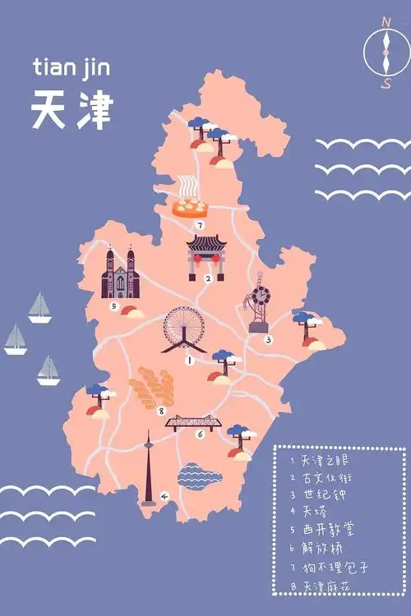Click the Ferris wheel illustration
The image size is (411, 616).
tap(185, 329)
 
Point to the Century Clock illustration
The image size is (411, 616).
tap(259, 304)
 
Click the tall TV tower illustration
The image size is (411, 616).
tap(149, 468)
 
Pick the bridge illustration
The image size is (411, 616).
tap(194, 422)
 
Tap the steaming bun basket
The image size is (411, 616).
tap(193, 202)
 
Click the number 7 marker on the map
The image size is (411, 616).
tap(199, 224)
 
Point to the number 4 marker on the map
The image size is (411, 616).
tap(164, 496)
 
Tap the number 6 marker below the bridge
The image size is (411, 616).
tap(200, 434)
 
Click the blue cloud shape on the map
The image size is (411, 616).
tap(200, 476)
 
